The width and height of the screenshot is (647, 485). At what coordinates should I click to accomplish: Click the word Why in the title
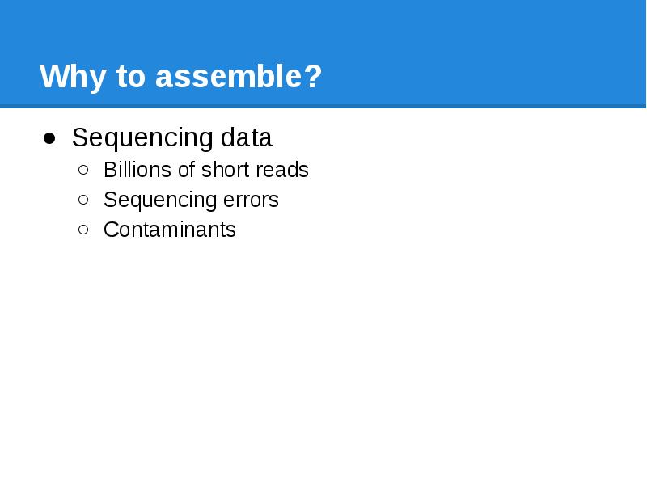[x=74, y=78]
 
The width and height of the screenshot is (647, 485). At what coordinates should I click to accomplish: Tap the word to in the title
[x=131, y=78]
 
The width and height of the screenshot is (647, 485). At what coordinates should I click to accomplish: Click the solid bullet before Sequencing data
[x=49, y=138]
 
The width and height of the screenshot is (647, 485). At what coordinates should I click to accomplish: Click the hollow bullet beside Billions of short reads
[x=85, y=170]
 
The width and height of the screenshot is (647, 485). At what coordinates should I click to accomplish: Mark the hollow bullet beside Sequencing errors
[x=85, y=200]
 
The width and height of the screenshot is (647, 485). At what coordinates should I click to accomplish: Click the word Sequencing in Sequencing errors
[x=156, y=200]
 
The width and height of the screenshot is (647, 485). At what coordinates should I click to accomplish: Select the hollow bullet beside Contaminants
[x=85, y=230]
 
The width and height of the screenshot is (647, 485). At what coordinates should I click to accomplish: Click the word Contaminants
[x=170, y=230]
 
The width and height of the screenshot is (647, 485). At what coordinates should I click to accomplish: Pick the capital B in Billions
[x=109, y=170]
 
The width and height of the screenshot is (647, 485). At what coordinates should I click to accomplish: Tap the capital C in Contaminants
[x=110, y=230]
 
